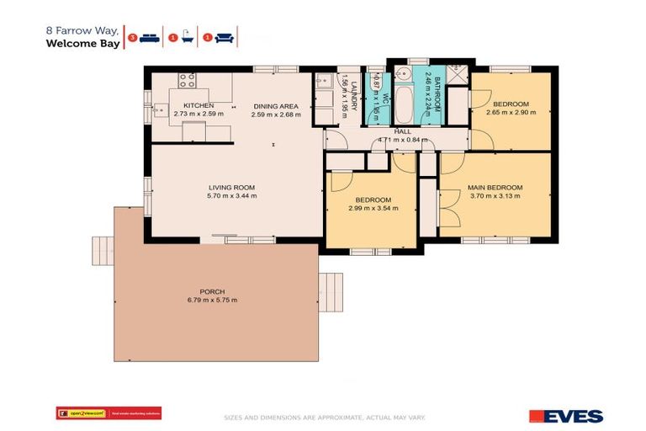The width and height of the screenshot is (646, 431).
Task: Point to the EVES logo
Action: click(x=565, y=416)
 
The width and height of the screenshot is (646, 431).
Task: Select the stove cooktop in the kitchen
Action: click(x=187, y=82)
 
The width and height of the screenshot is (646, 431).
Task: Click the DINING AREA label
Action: click(x=276, y=106)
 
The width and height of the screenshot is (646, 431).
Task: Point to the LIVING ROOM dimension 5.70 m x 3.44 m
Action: click(x=232, y=195)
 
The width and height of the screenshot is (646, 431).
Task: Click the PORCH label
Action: click(x=211, y=291)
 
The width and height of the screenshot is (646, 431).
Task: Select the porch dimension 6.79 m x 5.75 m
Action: click(x=211, y=301)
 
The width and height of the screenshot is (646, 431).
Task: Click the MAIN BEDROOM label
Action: click(x=495, y=187)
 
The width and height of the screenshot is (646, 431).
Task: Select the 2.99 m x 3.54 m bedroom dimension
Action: click(x=373, y=209)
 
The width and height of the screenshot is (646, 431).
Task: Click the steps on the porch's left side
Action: click(x=102, y=251)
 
